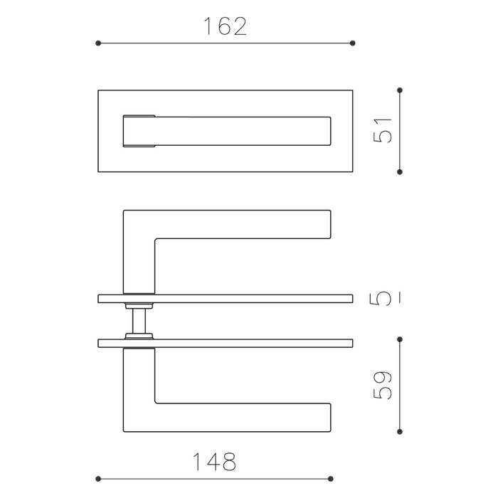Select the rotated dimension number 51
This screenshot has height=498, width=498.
pos(383,131)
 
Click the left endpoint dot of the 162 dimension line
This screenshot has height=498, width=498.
pos(97,44)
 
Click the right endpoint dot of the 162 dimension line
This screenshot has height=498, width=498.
pos(354,44)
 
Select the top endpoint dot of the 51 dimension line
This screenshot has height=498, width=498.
pos(401,90)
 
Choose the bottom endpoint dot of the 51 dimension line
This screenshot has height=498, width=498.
pos(401,171)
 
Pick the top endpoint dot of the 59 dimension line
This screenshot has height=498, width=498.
pos(401,339)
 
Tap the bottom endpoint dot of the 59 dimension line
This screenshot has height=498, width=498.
pos(401,431)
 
